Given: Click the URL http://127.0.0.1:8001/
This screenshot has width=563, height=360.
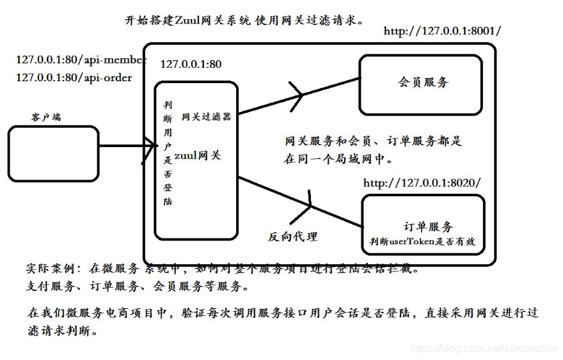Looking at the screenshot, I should click(443, 31).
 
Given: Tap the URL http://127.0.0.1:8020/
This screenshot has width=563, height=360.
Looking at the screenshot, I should click(422, 183).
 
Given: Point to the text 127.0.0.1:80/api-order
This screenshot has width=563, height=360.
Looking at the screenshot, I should click(74, 77).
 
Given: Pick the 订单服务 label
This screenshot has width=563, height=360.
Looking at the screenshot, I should click(429, 226).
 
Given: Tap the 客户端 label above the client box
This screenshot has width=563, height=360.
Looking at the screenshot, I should click(46, 118).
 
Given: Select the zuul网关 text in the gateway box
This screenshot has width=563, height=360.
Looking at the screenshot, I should click(198, 155).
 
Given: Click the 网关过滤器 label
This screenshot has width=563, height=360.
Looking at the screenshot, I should click(206, 117).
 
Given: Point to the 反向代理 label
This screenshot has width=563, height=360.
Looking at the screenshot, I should click(292, 236).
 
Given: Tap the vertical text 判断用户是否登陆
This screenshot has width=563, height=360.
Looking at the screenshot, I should click(168, 152).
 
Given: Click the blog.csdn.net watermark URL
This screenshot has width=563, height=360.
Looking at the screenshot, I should click(484, 348).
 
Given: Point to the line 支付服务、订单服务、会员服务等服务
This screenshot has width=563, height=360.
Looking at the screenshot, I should click(135, 285).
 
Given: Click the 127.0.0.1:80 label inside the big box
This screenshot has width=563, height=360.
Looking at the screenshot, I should click(191, 64).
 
